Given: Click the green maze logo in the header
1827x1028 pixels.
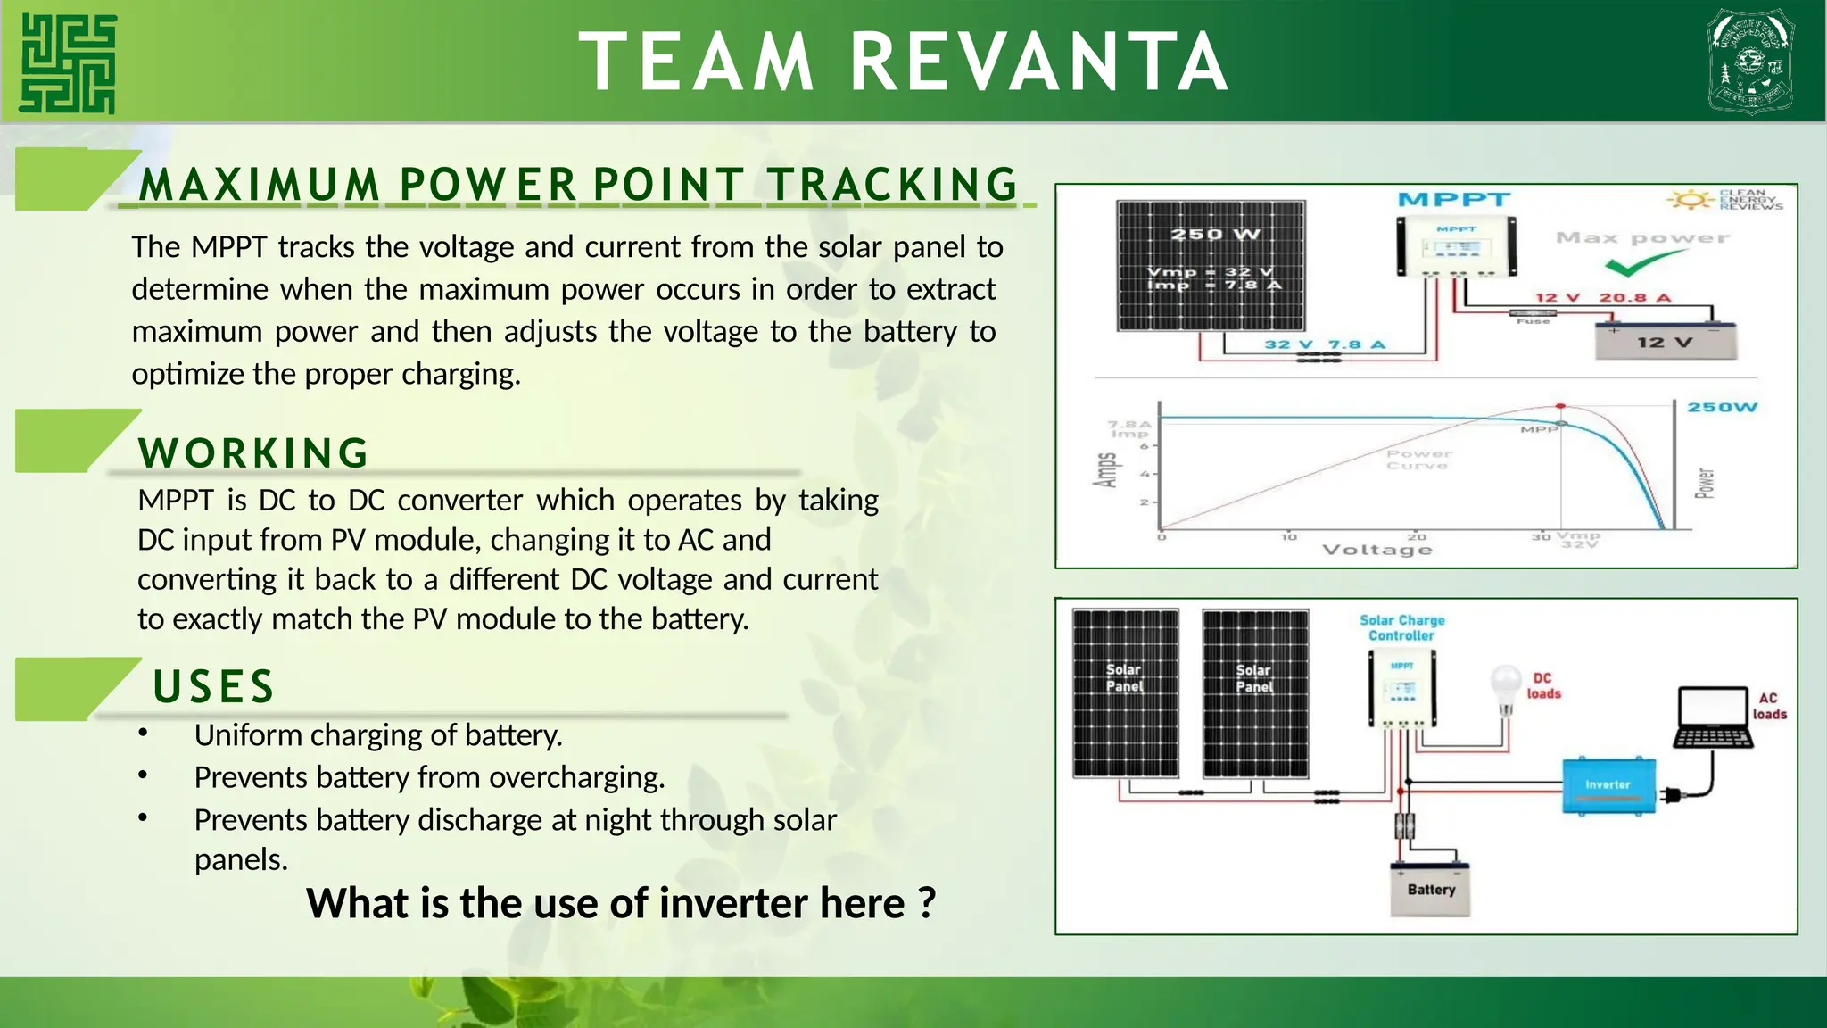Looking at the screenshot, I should pos(68,63).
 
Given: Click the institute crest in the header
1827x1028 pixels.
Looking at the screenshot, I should pos(1749,62).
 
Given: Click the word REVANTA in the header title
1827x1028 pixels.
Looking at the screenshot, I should pos(1039,62).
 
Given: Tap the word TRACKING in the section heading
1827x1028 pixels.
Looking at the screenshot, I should pos(892,185).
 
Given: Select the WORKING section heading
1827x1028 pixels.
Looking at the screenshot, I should pos(254,452).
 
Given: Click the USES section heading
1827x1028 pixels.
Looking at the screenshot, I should pos(214,686).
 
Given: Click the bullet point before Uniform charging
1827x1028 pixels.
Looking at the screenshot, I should pos(143,734).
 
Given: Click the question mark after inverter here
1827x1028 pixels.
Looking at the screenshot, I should pos(927,902).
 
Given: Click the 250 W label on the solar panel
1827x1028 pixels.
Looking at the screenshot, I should pos(1214,235).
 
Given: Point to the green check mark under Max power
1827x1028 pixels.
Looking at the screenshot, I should pos(1642,263).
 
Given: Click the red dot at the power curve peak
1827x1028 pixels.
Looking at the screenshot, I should pos(1560,406).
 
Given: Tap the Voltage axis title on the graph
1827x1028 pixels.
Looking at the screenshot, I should pos(1377,550).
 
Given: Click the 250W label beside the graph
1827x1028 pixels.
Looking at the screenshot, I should pos(1722,407).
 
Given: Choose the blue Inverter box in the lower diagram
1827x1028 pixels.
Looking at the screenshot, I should pos(1608,785).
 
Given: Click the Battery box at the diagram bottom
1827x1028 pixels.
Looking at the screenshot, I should pos(1431,889).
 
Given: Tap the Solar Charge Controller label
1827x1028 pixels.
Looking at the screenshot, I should pos(1401,627).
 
